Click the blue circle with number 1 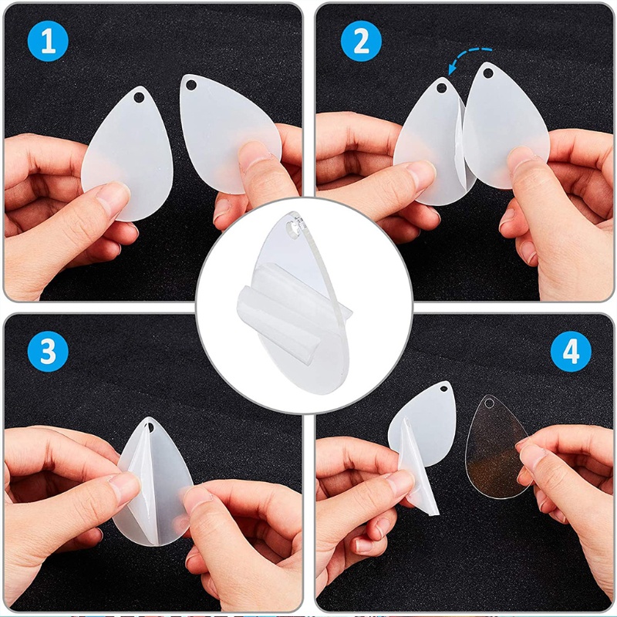click(49, 42)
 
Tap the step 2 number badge click(361, 42)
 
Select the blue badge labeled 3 click(49, 352)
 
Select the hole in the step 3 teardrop click(150, 427)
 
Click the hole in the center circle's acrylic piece click(292, 229)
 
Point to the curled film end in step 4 click(420, 486)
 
